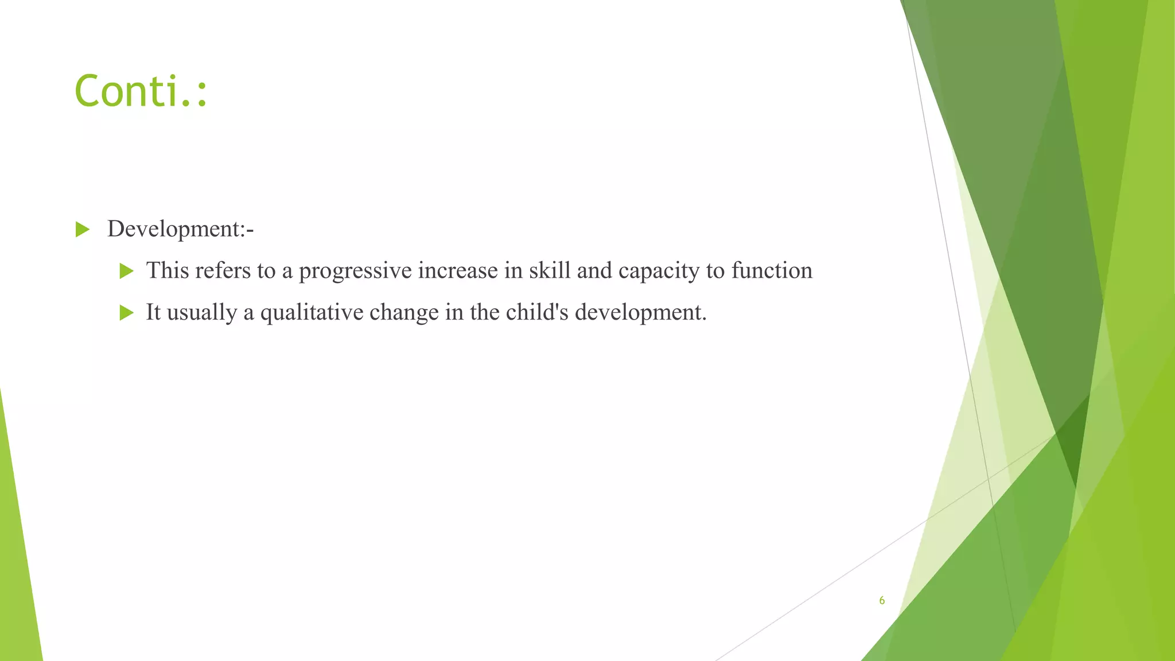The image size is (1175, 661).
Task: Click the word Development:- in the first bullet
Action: pyautogui.click(x=180, y=229)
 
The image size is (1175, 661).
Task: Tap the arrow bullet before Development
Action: pyautogui.click(x=83, y=230)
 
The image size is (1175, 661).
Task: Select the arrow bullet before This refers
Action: pyautogui.click(x=126, y=271)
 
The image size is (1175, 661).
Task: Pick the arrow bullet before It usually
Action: pyautogui.click(x=126, y=313)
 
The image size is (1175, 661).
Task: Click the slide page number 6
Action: pyautogui.click(x=882, y=601)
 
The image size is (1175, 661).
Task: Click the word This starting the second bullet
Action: pyautogui.click(x=167, y=270)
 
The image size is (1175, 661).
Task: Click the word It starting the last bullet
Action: pyautogui.click(x=153, y=312)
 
